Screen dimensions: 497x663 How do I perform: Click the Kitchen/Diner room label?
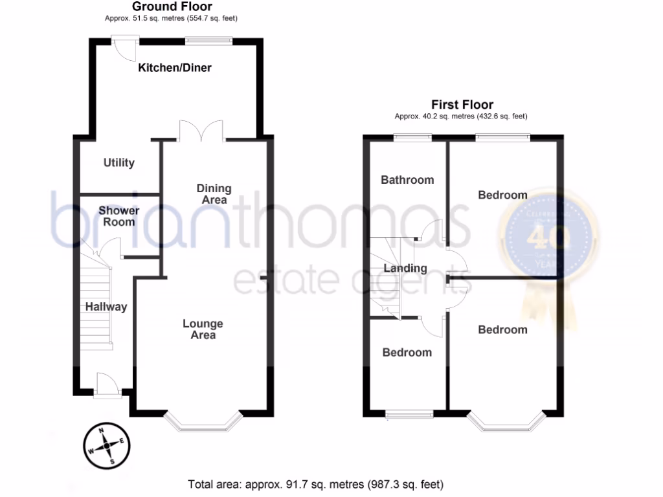[x=175, y=67]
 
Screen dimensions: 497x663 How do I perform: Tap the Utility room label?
[x=119, y=162]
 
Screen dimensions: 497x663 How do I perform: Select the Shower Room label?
[x=119, y=216]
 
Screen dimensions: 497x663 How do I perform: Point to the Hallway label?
[x=106, y=307]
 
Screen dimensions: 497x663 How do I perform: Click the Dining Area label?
[x=214, y=194]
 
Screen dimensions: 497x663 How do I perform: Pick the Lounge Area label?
[x=203, y=329]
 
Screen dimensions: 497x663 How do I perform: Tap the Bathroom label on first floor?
[x=407, y=179]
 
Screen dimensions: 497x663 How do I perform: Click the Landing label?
[x=405, y=268]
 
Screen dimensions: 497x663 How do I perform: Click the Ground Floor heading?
[x=172, y=6]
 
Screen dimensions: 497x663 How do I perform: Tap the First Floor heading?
[x=462, y=104]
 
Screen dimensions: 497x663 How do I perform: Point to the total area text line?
[x=316, y=483]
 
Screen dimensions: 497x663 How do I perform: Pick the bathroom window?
[x=413, y=137]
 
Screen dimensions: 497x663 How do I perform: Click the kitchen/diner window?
[x=208, y=41]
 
